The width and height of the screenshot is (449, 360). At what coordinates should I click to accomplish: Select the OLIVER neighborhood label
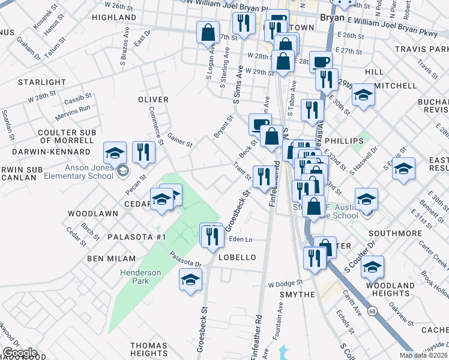pyautogui.click(x=153, y=99)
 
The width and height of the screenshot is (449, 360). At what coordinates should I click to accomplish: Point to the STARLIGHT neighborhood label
pyautogui.click(x=42, y=82)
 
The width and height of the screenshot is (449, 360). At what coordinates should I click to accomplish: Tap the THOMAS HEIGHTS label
pyautogui.click(x=149, y=350)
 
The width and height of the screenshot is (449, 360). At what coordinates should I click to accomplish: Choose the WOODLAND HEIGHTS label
pyautogui.click(x=393, y=289)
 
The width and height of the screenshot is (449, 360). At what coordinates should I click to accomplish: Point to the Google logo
pyautogui.click(x=20, y=353)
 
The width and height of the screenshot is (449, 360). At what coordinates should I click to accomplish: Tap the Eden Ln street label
pyautogui.click(x=240, y=239)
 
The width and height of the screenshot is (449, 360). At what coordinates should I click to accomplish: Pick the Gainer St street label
pyautogui.click(x=179, y=140)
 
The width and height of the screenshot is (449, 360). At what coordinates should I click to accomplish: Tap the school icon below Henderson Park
pyautogui.click(x=190, y=280)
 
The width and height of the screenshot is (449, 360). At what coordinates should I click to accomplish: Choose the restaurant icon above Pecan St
pyautogui.click(x=143, y=152)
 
